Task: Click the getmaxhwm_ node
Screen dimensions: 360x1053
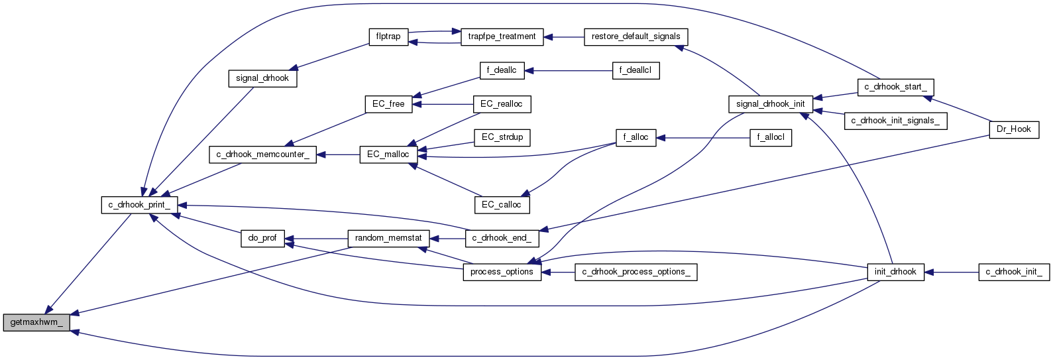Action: point(36,323)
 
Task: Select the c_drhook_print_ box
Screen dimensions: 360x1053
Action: point(139,205)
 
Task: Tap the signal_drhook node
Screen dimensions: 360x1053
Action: point(262,78)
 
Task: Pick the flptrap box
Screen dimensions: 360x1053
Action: point(388,36)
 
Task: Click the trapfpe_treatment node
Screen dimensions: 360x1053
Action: point(502,36)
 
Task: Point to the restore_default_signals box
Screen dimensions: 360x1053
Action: point(636,36)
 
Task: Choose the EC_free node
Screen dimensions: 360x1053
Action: point(388,104)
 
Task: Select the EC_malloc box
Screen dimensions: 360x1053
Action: point(388,154)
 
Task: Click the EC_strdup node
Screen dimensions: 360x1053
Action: point(502,137)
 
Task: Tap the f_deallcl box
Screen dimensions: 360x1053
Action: point(636,70)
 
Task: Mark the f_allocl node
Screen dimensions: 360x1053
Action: point(771,138)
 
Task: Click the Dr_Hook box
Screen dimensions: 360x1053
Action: point(1014,129)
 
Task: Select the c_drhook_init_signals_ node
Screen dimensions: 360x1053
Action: point(895,121)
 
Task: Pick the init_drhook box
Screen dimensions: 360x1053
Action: point(895,272)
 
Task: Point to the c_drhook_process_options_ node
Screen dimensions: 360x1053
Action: point(636,272)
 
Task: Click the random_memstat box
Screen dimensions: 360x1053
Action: point(388,238)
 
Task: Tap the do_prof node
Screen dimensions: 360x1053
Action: point(262,238)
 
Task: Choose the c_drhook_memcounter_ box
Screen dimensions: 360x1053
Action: point(262,154)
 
